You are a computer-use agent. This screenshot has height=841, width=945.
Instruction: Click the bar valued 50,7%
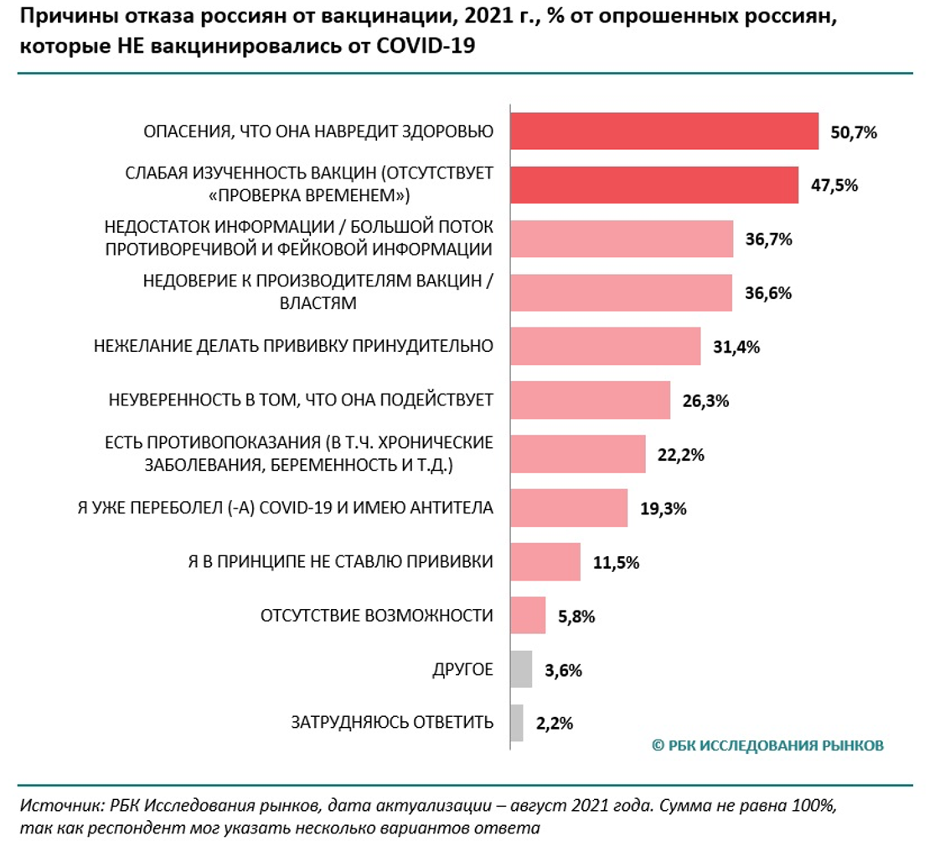(664, 132)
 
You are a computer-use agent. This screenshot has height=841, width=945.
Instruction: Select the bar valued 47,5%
(653, 185)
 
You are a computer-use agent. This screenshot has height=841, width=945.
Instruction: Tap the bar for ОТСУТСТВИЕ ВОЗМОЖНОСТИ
(528, 616)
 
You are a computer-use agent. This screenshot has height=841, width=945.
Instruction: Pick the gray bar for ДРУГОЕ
(521, 669)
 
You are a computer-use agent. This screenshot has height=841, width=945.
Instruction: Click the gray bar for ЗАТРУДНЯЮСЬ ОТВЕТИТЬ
(517, 723)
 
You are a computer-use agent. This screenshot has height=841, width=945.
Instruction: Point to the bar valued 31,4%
(605, 347)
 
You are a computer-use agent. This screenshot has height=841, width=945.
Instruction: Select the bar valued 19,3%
(569, 508)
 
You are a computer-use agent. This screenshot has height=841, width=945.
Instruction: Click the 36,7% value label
(768, 240)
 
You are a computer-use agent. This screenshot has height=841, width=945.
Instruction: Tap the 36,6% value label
(768, 293)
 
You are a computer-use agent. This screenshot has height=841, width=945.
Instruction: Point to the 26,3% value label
(705, 401)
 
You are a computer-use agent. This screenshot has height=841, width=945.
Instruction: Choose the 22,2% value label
(680, 455)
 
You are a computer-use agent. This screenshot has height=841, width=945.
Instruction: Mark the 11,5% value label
(616, 562)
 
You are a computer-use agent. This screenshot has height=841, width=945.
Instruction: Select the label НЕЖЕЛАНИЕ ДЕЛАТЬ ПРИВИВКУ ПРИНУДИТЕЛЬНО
(292, 346)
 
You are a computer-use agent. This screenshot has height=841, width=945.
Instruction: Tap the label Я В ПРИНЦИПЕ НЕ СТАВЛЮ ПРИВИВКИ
(338, 561)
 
